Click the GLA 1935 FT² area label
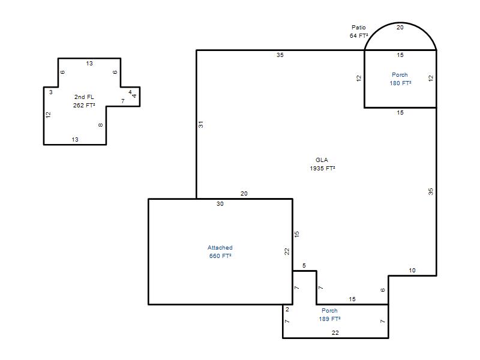[x=322, y=164]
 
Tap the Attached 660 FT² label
[x=220, y=251]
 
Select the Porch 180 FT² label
[x=400, y=79]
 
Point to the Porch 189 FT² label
[x=329, y=314]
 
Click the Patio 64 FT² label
[x=359, y=32]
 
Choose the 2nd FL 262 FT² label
[x=84, y=101]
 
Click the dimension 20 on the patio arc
[x=400, y=27]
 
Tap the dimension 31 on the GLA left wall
[x=200, y=124]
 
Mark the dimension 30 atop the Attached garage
[x=220, y=204]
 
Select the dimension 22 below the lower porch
[x=335, y=333]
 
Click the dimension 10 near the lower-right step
[x=412, y=271]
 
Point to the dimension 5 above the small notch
[x=304, y=265]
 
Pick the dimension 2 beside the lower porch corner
[x=287, y=310]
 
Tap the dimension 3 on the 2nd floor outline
[x=51, y=92]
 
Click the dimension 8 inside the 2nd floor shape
[x=101, y=125]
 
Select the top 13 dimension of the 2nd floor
[x=89, y=64]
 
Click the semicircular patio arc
[x=400, y=23]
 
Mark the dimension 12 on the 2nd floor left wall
[x=48, y=115]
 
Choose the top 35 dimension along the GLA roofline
[x=280, y=55]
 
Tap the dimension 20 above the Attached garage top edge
[x=244, y=193]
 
